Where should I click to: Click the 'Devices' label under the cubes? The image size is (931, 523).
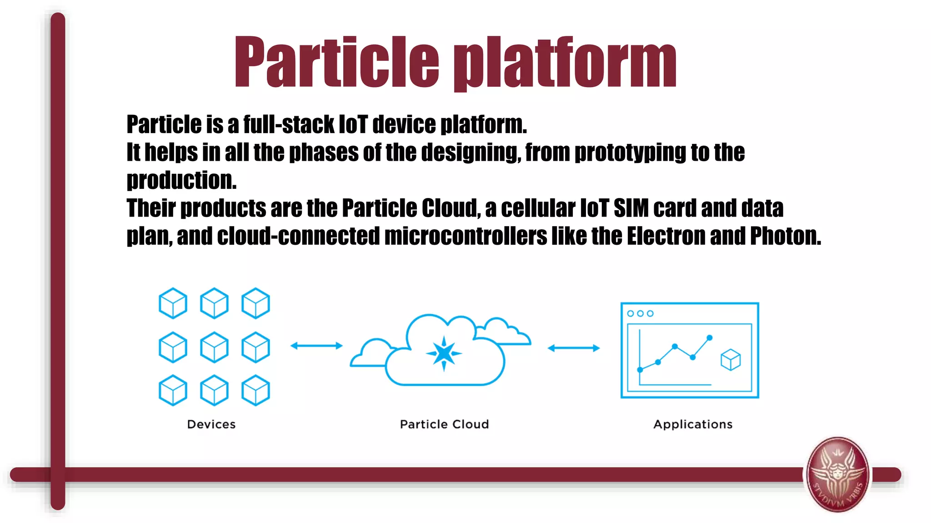[x=211, y=424]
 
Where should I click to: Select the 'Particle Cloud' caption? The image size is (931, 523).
[x=444, y=424]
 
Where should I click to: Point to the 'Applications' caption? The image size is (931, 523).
[x=693, y=424]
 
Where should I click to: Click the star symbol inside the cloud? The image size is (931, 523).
[x=444, y=353]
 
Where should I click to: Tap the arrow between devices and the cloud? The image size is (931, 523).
[x=316, y=346]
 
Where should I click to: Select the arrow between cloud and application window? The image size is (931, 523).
[x=574, y=348]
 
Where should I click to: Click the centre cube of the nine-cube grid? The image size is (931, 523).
[x=214, y=347]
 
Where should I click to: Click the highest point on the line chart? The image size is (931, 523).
[x=710, y=338]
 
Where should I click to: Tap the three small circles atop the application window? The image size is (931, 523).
[x=640, y=313]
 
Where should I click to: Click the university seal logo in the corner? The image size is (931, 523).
[x=837, y=474]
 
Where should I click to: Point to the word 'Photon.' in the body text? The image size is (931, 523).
[x=785, y=236]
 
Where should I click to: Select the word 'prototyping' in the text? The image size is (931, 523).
[x=630, y=153]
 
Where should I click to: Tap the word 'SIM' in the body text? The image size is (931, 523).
[x=631, y=208]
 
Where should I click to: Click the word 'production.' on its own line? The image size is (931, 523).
[x=181, y=181]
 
